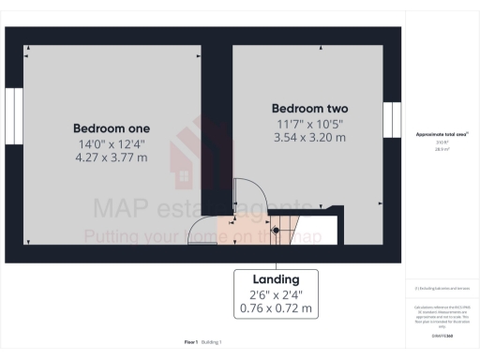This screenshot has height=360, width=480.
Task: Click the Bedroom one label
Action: (x=112, y=127)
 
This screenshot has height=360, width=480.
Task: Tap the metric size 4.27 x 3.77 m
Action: (x=112, y=157)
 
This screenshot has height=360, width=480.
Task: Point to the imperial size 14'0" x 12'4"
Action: (x=112, y=142)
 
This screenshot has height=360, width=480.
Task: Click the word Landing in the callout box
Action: (x=276, y=279)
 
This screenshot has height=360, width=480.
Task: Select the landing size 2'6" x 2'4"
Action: (x=276, y=294)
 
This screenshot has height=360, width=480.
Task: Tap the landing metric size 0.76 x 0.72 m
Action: (x=276, y=308)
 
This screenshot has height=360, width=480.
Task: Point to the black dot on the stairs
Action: (x=276, y=231)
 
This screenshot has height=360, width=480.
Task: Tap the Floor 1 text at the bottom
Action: (x=190, y=343)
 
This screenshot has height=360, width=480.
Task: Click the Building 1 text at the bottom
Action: (x=214, y=343)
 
